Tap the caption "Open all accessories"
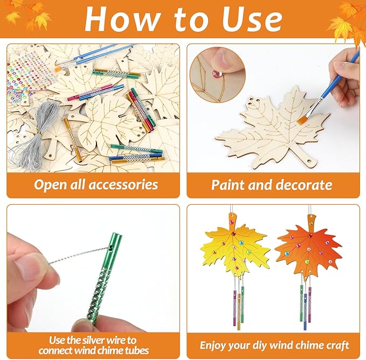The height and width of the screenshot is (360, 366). tap(96, 185)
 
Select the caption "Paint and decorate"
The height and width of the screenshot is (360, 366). tap(271, 185)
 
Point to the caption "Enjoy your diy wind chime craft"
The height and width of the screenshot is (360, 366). tap(274, 345)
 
